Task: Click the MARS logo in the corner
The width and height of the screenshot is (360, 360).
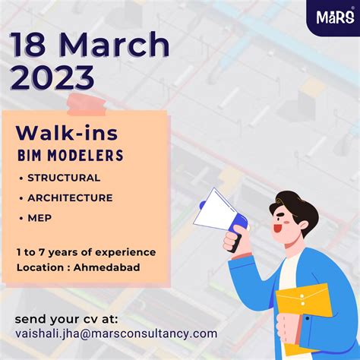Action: [x=333, y=17]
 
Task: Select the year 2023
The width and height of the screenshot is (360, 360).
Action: [x=53, y=77]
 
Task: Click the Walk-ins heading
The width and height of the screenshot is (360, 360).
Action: [x=67, y=133]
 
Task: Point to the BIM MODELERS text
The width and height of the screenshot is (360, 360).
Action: [x=69, y=156]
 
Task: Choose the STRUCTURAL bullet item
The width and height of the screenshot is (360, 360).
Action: [x=64, y=178]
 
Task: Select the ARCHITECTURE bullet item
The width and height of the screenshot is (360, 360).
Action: [x=70, y=197]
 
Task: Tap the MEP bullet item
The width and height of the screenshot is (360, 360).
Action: [x=39, y=218]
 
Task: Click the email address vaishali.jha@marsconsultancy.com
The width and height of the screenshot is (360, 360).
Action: [x=115, y=333]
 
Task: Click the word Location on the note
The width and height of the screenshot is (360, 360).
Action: [x=38, y=267]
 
